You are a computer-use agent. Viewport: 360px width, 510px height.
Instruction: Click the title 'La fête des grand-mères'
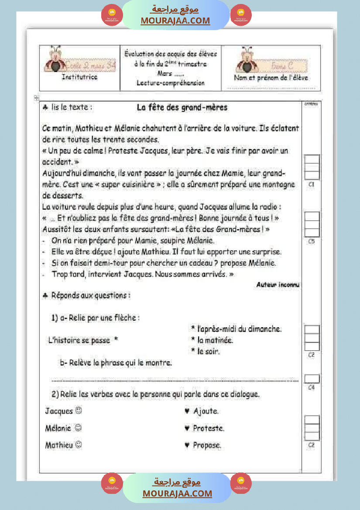[x=182, y=107]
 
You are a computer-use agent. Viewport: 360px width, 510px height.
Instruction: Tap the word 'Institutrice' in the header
[x=79, y=77]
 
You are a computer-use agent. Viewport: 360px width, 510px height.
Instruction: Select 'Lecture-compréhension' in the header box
[x=170, y=82]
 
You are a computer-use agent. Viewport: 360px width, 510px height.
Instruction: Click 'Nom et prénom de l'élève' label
[x=271, y=78]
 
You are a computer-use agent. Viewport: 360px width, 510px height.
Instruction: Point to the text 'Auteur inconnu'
[x=278, y=284]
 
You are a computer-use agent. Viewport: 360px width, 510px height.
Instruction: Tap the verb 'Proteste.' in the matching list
[x=209, y=428]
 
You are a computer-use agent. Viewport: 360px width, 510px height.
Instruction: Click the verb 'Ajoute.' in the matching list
[x=206, y=411]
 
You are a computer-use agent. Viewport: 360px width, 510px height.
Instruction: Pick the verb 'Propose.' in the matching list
[x=207, y=445]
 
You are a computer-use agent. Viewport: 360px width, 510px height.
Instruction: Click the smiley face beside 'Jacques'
[x=79, y=411]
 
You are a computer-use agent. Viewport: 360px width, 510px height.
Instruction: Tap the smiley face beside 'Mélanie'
[x=78, y=428]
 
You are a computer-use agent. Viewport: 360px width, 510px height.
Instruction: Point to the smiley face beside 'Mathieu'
[x=79, y=445]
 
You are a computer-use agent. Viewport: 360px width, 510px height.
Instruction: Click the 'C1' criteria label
[x=312, y=185]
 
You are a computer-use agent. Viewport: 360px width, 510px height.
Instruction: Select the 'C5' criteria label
[x=312, y=241]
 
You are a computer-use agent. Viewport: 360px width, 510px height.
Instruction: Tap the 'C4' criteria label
[x=312, y=387]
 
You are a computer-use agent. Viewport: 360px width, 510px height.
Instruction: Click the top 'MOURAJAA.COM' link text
[x=175, y=21]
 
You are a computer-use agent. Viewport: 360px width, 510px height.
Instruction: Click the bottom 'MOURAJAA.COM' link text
[x=177, y=493]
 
